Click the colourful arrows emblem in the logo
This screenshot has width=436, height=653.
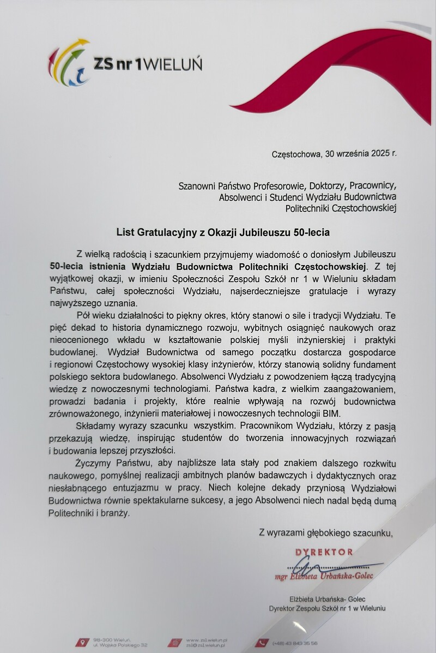click(x=68, y=63)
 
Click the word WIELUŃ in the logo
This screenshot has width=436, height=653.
click(x=174, y=64)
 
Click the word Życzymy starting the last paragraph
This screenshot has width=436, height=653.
click(x=93, y=464)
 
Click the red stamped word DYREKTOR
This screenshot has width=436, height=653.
click(x=324, y=552)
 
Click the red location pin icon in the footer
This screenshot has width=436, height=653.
click(x=82, y=642)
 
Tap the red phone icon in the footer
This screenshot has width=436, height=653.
click(x=262, y=643)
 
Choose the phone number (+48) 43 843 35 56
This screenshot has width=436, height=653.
click(x=295, y=643)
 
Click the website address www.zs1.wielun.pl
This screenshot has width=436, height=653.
click(x=207, y=639)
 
